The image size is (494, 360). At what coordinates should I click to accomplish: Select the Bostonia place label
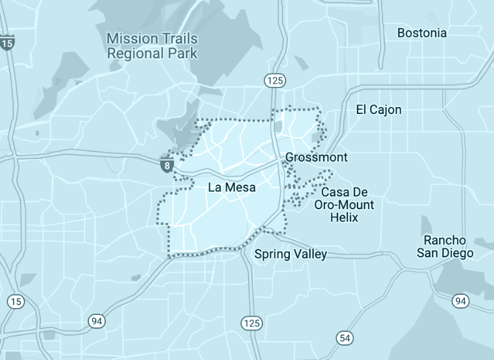click(x=422, y=33)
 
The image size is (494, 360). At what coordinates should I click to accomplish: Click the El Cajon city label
click(x=379, y=110)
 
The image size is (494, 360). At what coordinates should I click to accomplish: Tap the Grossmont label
click(x=316, y=157)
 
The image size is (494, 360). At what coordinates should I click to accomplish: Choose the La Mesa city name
click(x=232, y=187)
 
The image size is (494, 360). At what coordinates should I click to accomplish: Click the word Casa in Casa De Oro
click(x=335, y=192)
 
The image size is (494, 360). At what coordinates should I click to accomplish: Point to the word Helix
click(x=344, y=217)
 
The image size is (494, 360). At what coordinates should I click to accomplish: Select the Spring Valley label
click(x=291, y=254)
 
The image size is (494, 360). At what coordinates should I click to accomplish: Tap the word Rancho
click(x=445, y=240)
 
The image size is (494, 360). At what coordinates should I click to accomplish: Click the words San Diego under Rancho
click(x=445, y=253)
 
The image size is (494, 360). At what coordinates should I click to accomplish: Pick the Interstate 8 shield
click(x=167, y=165)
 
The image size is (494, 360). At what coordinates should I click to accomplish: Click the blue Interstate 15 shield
click(x=8, y=43)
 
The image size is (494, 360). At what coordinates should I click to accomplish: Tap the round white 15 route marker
click(x=16, y=302)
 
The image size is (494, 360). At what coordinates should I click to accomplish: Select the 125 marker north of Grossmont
click(x=274, y=80)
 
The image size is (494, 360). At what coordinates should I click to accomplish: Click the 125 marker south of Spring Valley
click(x=252, y=323)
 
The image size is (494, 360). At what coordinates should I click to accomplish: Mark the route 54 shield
click(x=344, y=337)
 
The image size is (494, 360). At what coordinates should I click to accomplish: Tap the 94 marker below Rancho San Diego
click(x=460, y=301)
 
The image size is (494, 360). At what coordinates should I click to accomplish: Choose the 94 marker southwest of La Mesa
click(x=96, y=321)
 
